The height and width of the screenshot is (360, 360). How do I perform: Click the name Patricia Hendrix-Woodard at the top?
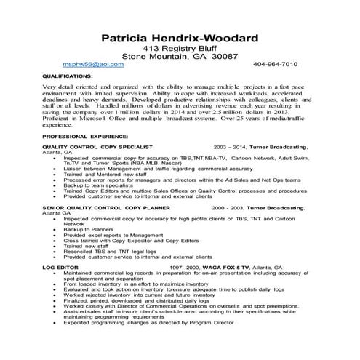click(x=180, y=37)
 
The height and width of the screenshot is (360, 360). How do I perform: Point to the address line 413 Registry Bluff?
click(x=180, y=47)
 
